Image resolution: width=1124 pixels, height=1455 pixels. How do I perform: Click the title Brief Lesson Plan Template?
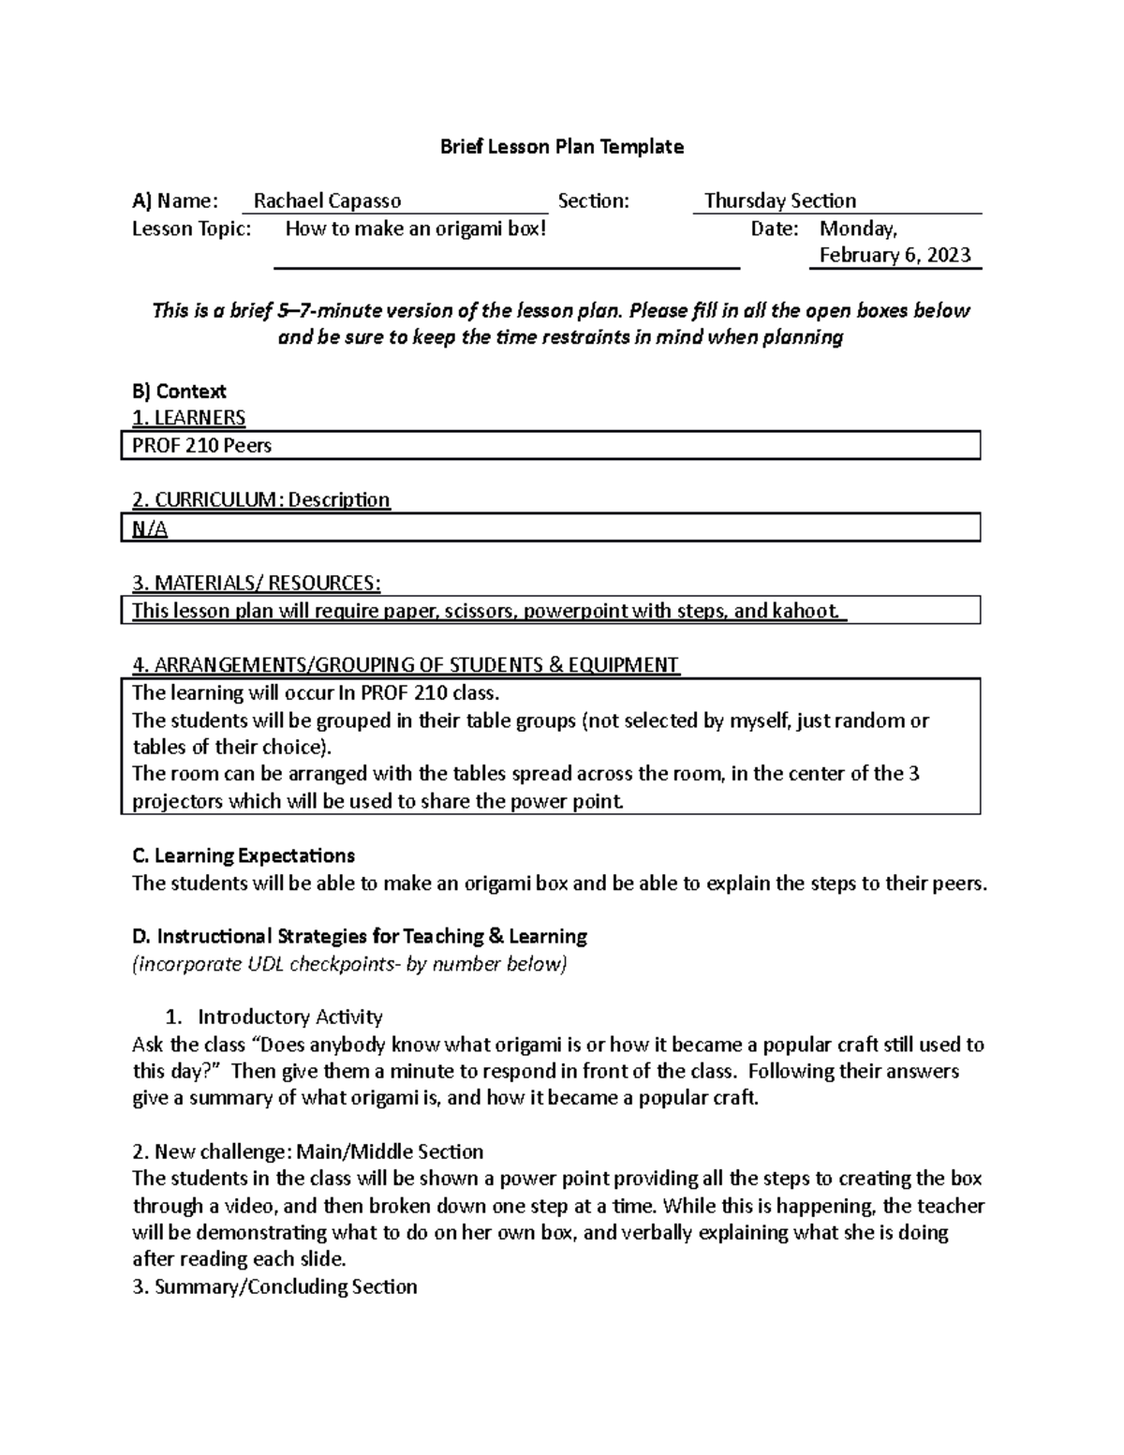(562, 147)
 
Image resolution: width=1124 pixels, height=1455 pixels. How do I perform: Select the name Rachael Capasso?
(327, 201)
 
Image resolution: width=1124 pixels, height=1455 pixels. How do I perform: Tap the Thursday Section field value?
(779, 201)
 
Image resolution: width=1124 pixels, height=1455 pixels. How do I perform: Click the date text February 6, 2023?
(895, 256)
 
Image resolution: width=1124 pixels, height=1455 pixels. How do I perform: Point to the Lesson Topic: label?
(192, 229)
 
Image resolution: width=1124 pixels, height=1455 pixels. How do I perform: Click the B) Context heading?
(179, 392)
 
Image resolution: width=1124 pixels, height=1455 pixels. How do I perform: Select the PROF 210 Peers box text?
(201, 446)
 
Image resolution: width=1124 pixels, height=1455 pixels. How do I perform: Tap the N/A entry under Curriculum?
(150, 529)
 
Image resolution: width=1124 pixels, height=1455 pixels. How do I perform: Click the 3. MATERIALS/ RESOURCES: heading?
(256, 584)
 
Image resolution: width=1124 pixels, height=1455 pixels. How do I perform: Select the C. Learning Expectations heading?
(244, 856)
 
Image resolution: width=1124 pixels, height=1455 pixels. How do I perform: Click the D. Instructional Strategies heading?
(360, 937)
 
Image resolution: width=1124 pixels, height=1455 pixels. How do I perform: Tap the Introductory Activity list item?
(289, 1017)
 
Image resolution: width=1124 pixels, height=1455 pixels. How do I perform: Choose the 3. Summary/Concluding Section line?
(275, 1287)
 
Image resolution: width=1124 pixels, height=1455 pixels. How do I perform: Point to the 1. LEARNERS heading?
(188, 418)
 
